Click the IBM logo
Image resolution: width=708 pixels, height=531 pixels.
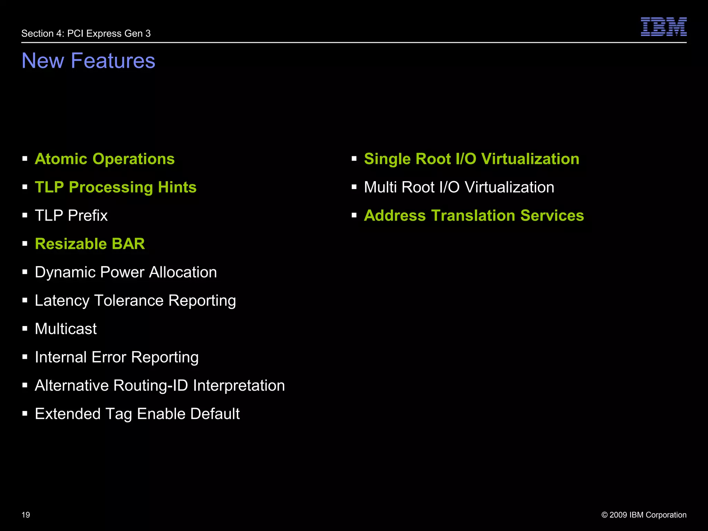pyautogui.click(x=663, y=27)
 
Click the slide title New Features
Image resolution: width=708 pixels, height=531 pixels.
pyautogui.click(x=88, y=60)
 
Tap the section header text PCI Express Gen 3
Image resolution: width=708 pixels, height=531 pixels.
pyautogui.click(x=86, y=34)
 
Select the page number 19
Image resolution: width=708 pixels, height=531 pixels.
pyautogui.click(x=26, y=515)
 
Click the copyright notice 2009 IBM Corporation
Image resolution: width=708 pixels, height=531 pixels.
pyautogui.click(x=644, y=515)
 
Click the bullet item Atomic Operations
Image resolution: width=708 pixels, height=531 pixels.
pyautogui.click(x=104, y=159)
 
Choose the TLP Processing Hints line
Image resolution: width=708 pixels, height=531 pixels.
pyautogui.click(x=115, y=187)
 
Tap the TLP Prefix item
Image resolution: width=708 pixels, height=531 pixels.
pyautogui.click(x=71, y=216)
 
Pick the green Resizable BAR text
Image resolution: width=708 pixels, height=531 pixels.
pyautogui.click(x=90, y=244)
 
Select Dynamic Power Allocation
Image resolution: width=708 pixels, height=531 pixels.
pyautogui.click(x=126, y=272)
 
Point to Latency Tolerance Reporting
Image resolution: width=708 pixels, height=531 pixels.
pyautogui.click(x=135, y=301)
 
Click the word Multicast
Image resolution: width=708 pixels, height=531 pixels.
pyautogui.click(x=66, y=329)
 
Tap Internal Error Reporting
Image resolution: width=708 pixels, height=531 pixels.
pyautogui.click(x=117, y=357)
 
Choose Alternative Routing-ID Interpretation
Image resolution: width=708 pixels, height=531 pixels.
pyautogui.click(x=160, y=385)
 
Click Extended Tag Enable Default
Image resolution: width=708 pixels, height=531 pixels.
pyautogui.click(x=137, y=414)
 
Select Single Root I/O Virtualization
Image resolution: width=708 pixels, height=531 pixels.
pyautogui.click(x=472, y=159)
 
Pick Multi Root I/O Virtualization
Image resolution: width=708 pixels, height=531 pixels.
pyautogui.click(x=459, y=187)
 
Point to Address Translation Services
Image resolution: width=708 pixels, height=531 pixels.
pyautogui.click(x=474, y=216)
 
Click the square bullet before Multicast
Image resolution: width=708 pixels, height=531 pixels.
pyautogui.click(x=25, y=329)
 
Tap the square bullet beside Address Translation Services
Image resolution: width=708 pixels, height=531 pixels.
pyautogui.click(x=354, y=215)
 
